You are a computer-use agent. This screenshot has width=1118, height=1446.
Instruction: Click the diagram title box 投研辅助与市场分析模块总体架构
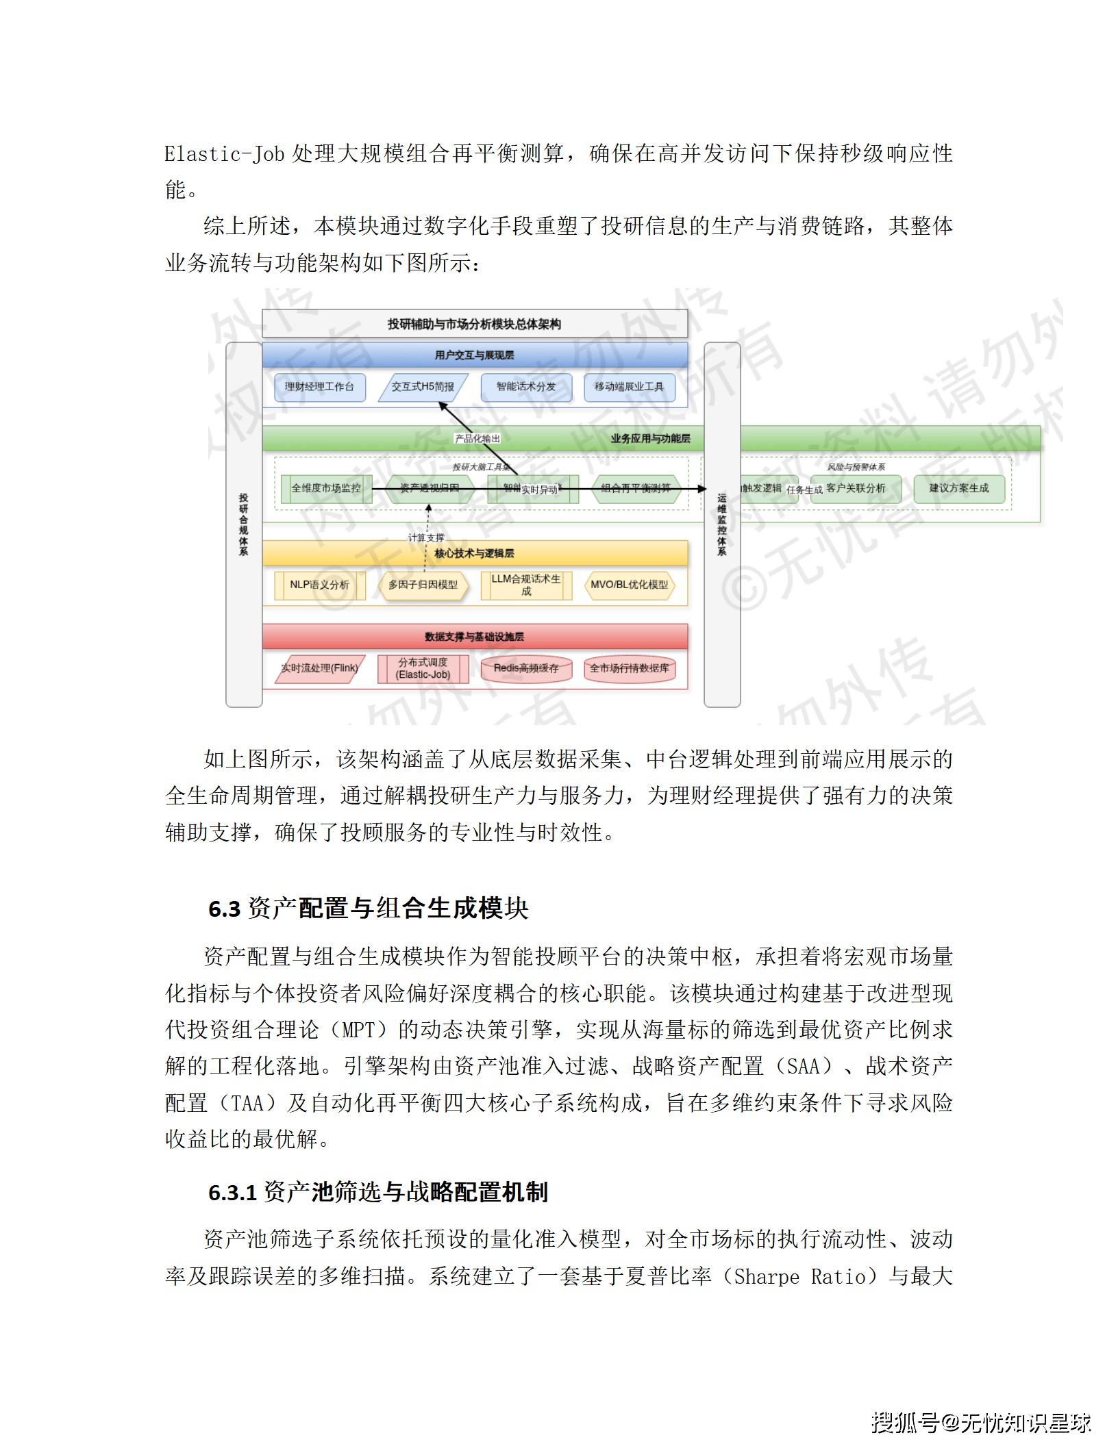point(474,324)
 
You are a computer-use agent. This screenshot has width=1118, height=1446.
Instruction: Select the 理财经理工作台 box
point(319,387)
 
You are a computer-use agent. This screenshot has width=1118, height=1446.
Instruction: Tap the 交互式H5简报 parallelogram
point(423,387)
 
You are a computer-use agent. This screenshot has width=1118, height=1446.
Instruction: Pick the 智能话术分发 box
point(525,387)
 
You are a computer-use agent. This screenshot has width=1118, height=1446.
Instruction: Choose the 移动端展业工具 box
point(629,387)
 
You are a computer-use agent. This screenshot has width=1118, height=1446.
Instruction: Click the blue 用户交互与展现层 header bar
point(474,355)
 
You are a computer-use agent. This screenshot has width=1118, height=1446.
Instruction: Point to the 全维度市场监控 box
point(326,488)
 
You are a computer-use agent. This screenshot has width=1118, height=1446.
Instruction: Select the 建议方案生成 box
point(958,488)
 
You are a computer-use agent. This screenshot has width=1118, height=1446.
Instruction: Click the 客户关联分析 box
point(856,488)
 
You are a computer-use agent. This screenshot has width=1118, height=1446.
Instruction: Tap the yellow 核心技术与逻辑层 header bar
point(474,553)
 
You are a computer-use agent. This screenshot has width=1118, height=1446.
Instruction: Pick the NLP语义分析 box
point(319,585)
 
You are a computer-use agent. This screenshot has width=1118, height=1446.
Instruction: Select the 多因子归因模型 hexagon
point(423,585)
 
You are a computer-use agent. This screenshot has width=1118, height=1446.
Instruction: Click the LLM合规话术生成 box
point(525,585)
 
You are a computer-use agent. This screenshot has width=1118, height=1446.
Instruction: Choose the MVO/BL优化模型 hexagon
point(629,585)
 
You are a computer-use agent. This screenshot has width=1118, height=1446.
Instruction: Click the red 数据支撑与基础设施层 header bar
point(474,637)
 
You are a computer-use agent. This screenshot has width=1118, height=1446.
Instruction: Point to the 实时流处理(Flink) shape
point(319,668)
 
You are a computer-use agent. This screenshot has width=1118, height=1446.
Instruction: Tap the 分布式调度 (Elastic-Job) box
point(423,668)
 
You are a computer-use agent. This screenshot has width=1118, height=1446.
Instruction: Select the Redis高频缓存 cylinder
point(525,668)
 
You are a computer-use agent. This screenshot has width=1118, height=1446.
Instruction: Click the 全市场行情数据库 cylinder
point(629,668)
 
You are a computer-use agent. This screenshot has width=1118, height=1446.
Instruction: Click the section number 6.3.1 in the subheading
point(232,1193)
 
